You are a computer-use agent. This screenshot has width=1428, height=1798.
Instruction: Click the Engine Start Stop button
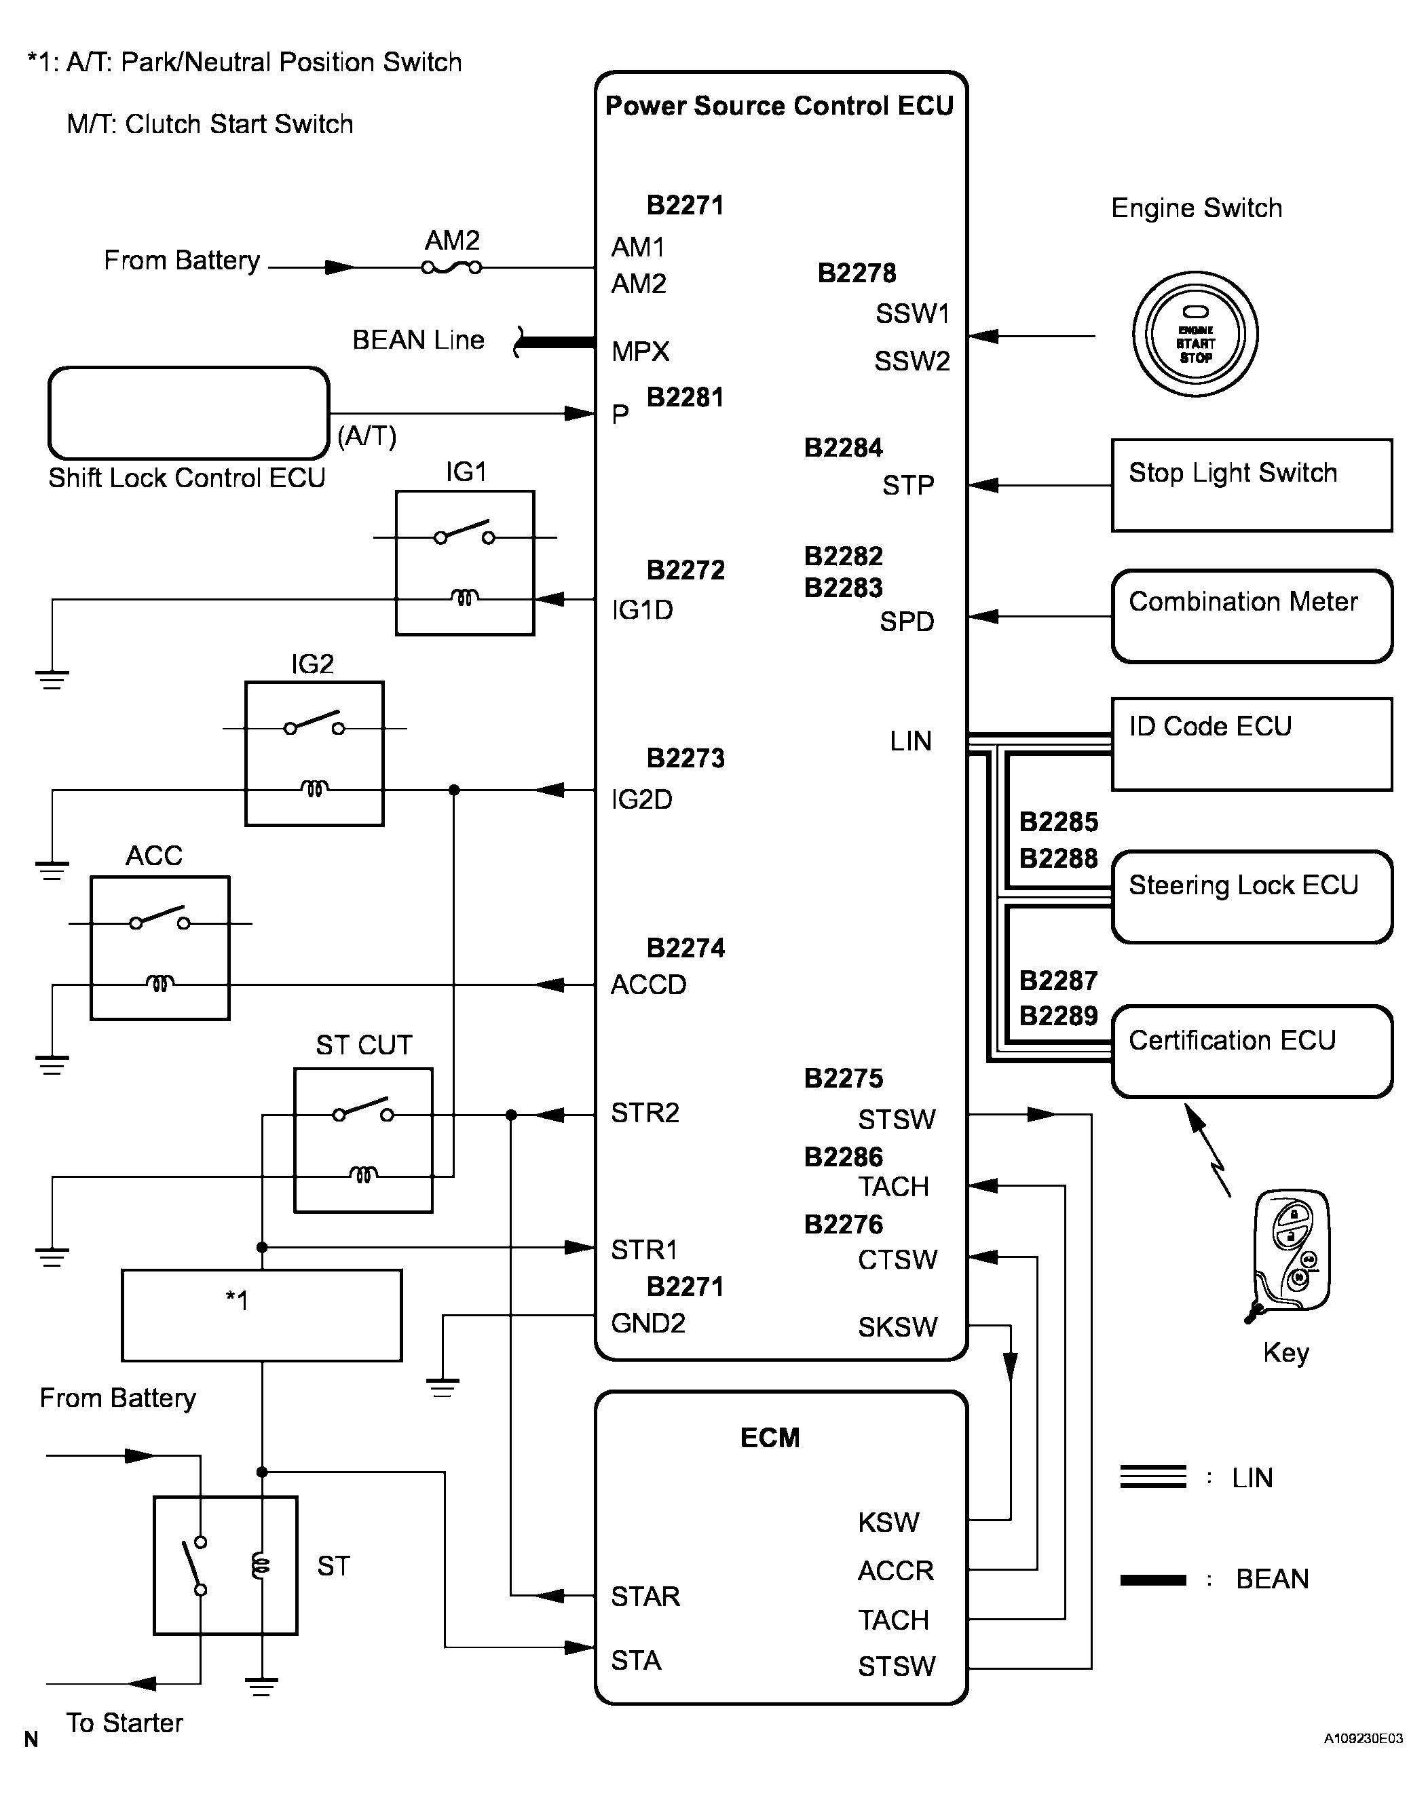click(x=1195, y=334)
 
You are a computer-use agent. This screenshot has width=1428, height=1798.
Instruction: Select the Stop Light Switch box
click(x=1251, y=485)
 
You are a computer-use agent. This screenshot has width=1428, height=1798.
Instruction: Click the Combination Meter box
click(x=1251, y=616)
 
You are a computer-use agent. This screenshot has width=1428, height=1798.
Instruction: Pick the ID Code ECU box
click(x=1251, y=744)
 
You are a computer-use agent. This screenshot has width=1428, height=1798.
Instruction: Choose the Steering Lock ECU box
click(x=1251, y=896)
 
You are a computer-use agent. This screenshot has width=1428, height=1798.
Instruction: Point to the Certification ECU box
click(x=1251, y=1051)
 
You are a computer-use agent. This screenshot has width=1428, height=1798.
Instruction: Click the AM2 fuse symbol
click(x=451, y=268)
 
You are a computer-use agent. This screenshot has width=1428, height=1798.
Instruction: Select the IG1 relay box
click(x=465, y=563)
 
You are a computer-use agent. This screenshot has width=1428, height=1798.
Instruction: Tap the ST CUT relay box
click(x=363, y=1140)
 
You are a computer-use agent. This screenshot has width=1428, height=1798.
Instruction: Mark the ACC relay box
click(x=159, y=949)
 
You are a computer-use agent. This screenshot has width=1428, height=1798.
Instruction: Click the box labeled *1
click(x=261, y=1315)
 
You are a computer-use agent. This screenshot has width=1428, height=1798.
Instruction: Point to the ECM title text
click(x=770, y=1438)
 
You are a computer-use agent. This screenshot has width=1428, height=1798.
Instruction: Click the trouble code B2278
click(x=857, y=273)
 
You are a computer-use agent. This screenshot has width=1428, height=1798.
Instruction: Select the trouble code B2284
click(x=843, y=448)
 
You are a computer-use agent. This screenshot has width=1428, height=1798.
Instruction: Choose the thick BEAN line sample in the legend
click(x=1152, y=1580)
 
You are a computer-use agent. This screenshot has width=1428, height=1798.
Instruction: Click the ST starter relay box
click(x=225, y=1565)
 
